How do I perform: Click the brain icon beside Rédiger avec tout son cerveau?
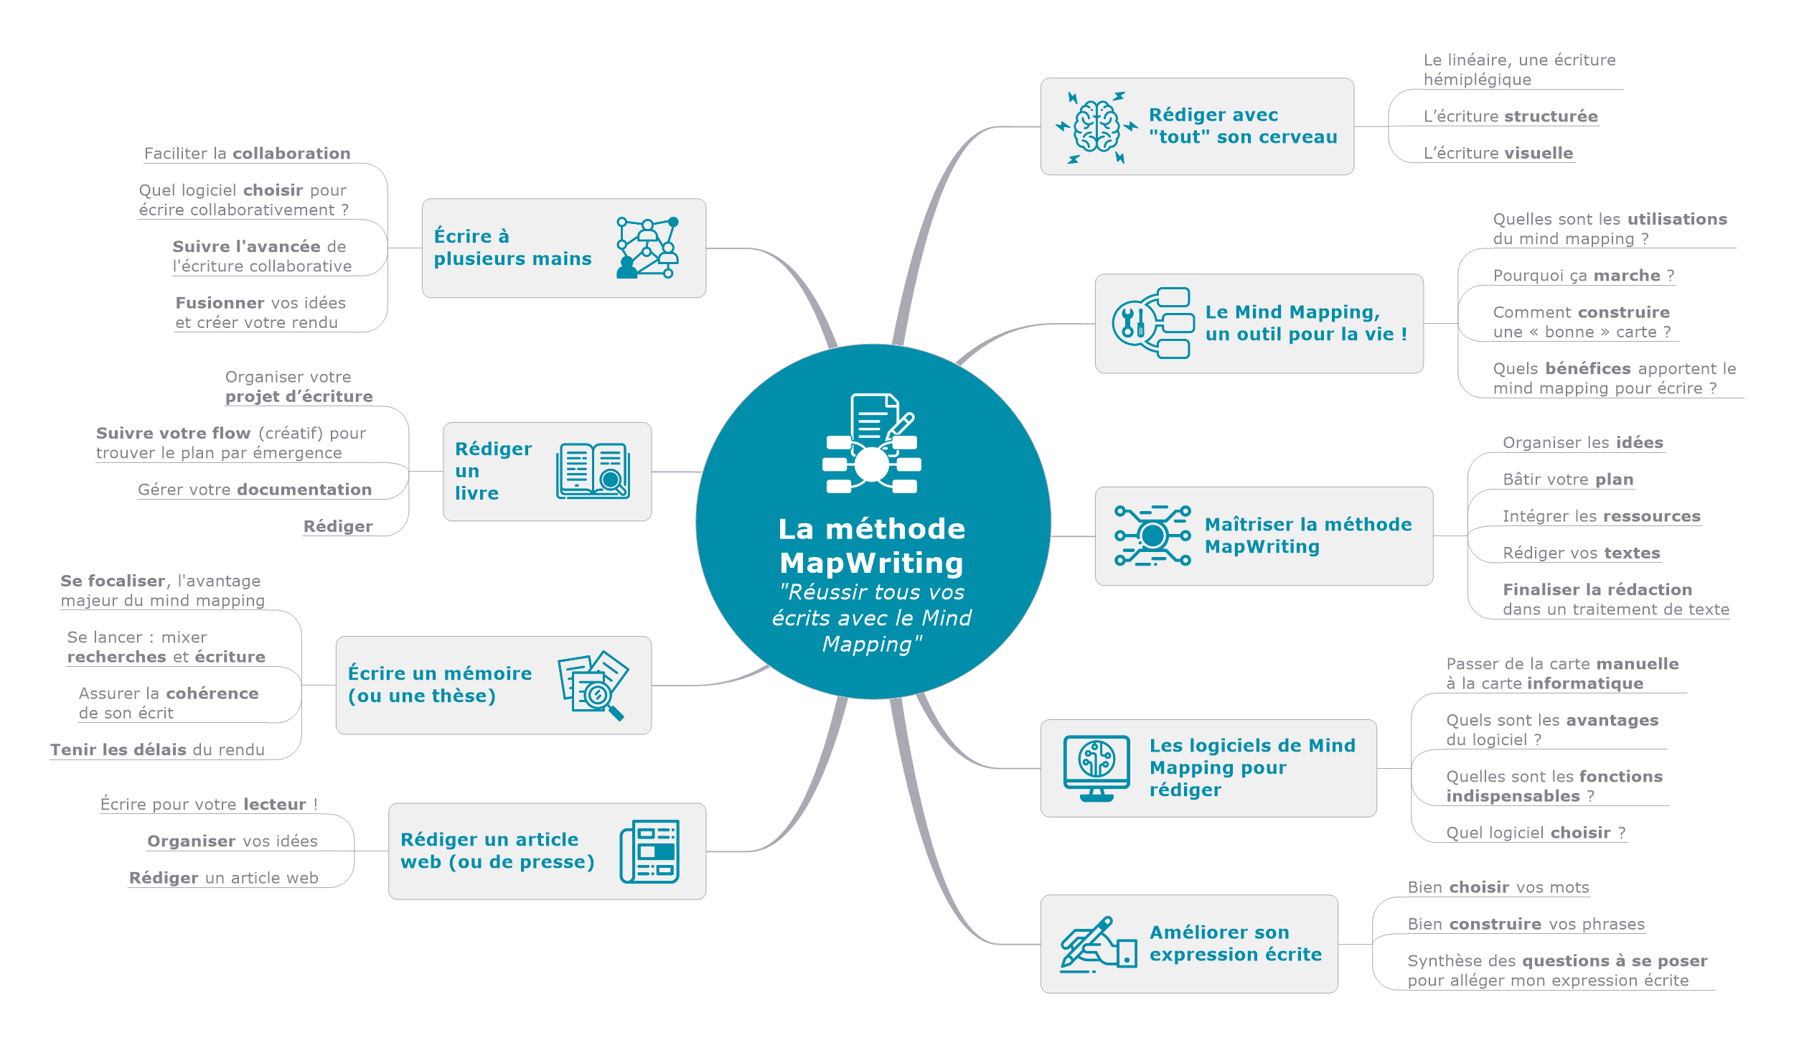[x=1096, y=127]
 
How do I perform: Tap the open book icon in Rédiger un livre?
[x=593, y=471]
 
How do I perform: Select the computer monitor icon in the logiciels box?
[x=1096, y=767]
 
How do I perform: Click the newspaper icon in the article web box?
[x=649, y=851]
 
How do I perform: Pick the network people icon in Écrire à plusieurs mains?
[x=647, y=248]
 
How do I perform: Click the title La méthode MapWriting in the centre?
[x=872, y=546]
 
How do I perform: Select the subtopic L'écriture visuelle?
[x=1498, y=153]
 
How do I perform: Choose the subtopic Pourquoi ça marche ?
[x=1583, y=276]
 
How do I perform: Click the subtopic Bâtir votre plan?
[x=1568, y=480]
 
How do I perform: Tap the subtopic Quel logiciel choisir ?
[x=1535, y=833]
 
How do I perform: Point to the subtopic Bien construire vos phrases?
[x=1526, y=924]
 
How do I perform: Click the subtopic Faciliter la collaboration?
[x=247, y=154]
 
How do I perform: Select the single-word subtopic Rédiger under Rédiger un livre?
[x=338, y=526]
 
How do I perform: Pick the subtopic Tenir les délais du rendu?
[x=157, y=750]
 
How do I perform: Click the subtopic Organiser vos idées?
[x=232, y=841]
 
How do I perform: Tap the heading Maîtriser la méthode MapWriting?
[x=1307, y=535]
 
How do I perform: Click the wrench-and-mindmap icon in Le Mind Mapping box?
[x=1151, y=323]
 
